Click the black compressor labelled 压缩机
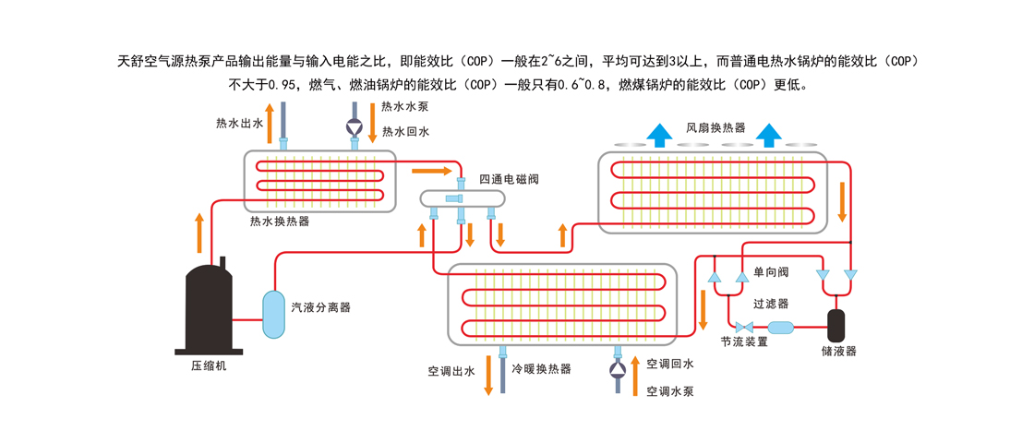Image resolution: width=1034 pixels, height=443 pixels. click(208, 307)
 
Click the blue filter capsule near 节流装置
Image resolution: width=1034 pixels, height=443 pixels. click(781, 327)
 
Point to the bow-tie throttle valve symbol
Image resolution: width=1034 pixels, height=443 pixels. click(745, 327)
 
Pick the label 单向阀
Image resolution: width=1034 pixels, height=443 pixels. click(771, 271)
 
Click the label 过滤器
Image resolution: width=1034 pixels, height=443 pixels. click(771, 304)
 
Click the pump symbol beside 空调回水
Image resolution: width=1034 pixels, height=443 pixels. click(618, 369)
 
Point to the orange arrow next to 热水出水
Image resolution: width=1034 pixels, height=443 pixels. click(269, 123)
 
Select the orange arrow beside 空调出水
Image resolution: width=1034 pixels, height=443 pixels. click(488, 375)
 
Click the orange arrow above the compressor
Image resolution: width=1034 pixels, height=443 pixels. click(199, 233)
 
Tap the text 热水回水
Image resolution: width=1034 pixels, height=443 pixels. click(406, 132)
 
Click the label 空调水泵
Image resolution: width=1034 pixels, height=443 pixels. click(670, 391)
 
